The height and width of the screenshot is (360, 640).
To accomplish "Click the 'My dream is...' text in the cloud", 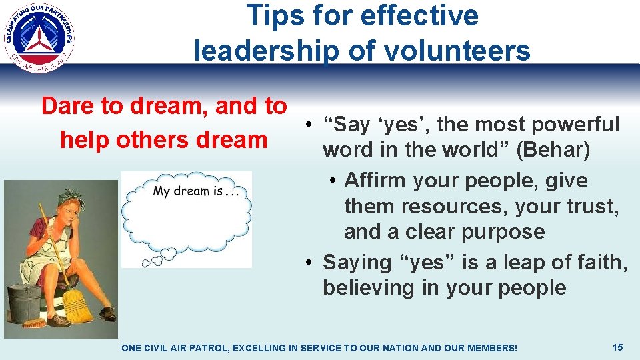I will [196, 191].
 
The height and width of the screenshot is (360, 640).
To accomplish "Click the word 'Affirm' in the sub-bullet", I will [375, 181].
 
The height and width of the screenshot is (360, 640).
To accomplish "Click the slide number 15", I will [618, 347].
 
